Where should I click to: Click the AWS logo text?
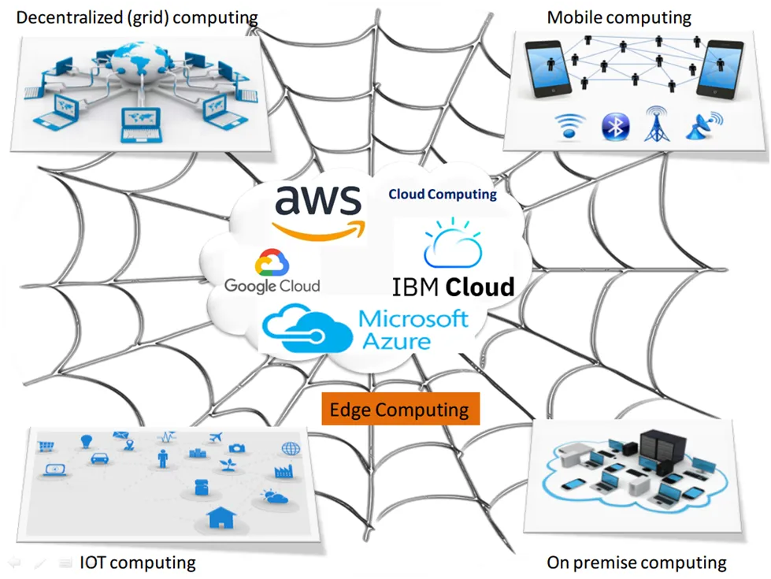click(x=318, y=200)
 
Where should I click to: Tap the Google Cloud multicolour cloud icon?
click(x=272, y=262)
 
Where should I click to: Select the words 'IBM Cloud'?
click(x=453, y=287)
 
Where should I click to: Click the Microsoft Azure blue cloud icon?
click(x=307, y=328)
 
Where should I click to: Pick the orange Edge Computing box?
click(x=400, y=409)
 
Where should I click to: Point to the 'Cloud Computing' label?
click(x=443, y=195)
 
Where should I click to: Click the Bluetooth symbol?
click(x=615, y=126)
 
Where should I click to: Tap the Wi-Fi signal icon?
click(x=570, y=126)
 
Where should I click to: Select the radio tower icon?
click(x=657, y=124)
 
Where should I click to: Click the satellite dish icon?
click(x=704, y=126)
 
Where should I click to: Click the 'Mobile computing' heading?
click(x=619, y=17)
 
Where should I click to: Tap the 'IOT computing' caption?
click(x=138, y=562)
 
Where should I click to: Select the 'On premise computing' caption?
click(x=637, y=562)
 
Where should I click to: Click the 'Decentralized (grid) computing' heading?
click(x=137, y=17)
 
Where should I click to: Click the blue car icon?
click(x=99, y=458)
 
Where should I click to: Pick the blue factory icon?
click(x=284, y=471)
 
